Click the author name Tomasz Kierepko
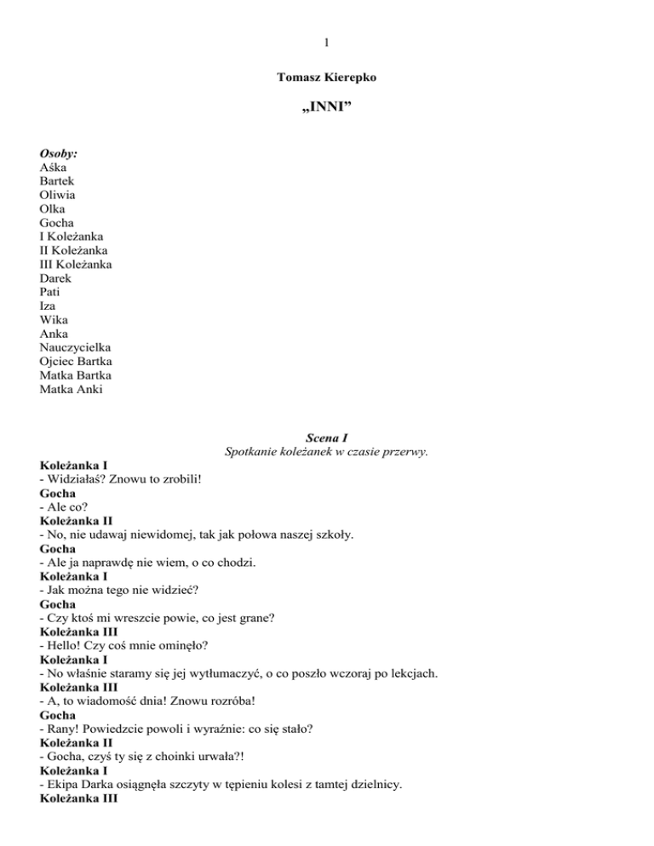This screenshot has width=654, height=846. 327,77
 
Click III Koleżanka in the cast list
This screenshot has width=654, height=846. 76,265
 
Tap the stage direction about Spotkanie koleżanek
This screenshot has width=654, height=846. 326,451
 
